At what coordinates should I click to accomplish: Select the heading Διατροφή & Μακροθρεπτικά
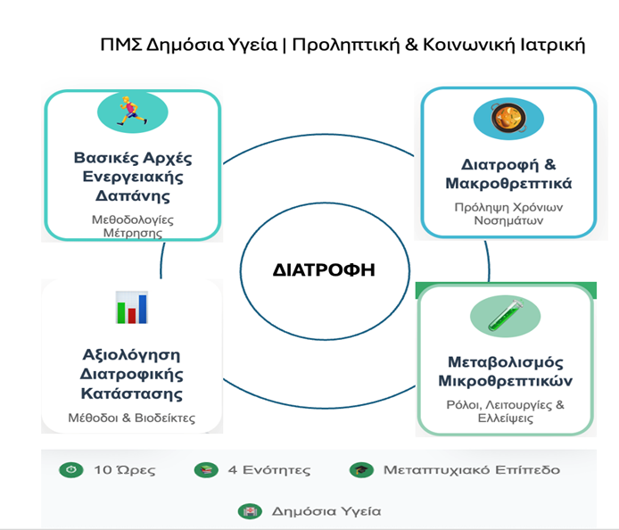pyautogui.click(x=508, y=174)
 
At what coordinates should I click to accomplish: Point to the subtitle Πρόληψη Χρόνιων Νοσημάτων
pyautogui.click(x=508, y=215)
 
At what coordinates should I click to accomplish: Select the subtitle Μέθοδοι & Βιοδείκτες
pyautogui.click(x=132, y=418)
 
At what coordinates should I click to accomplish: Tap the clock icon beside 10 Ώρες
pyautogui.click(x=70, y=469)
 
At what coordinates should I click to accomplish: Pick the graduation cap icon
pyautogui.click(x=360, y=469)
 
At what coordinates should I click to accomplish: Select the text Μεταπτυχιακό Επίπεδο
pyautogui.click(x=472, y=469)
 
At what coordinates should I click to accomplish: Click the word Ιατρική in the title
pyautogui.click(x=554, y=46)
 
